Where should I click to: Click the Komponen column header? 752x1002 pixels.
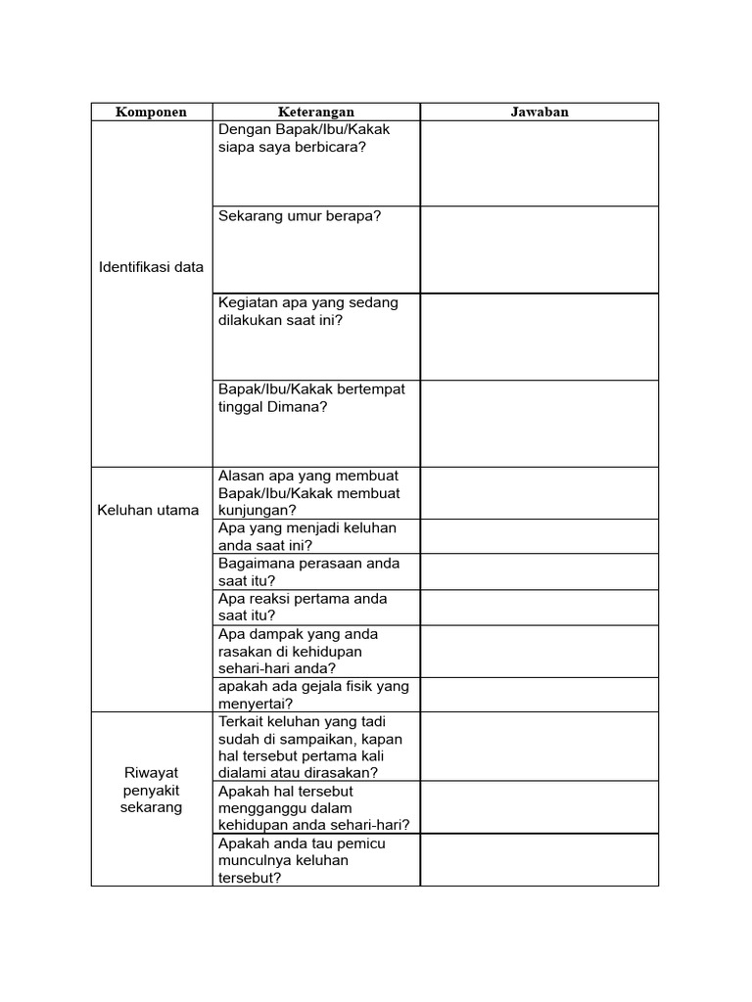(x=151, y=112)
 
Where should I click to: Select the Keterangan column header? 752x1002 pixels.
(x=315, y=112)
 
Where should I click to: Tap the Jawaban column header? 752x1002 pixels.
(x=539, y=112)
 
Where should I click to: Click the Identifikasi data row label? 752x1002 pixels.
(x=152, y=267)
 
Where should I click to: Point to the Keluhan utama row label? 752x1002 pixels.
(x=149, y=510)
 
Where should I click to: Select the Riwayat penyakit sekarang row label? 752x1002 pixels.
(x=151, y=790)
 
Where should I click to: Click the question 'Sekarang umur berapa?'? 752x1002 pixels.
(x=300, y=216)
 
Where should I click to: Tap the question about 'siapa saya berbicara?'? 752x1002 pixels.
(x=304, y=138)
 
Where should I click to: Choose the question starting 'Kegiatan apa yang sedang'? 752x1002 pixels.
(x=308, y=311)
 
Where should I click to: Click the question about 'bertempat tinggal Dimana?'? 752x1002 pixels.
(x=311, y=397)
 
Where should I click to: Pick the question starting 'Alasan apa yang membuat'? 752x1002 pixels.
(x=309, y=492)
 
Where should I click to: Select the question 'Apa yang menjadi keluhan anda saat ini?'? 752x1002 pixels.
(x=307, y=536)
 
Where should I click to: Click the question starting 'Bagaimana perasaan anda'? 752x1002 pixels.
(x=309, y=571)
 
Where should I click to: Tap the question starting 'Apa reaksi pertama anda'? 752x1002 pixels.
(x=304, y=607)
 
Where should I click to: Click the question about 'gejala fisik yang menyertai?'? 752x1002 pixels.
(x=313, y=694)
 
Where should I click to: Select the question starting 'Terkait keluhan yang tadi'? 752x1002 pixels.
(x=310, y=746)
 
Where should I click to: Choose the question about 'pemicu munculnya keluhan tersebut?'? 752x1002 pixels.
(x=302, y=860)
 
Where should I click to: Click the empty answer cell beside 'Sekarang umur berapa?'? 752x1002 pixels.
(x=539, y=250)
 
